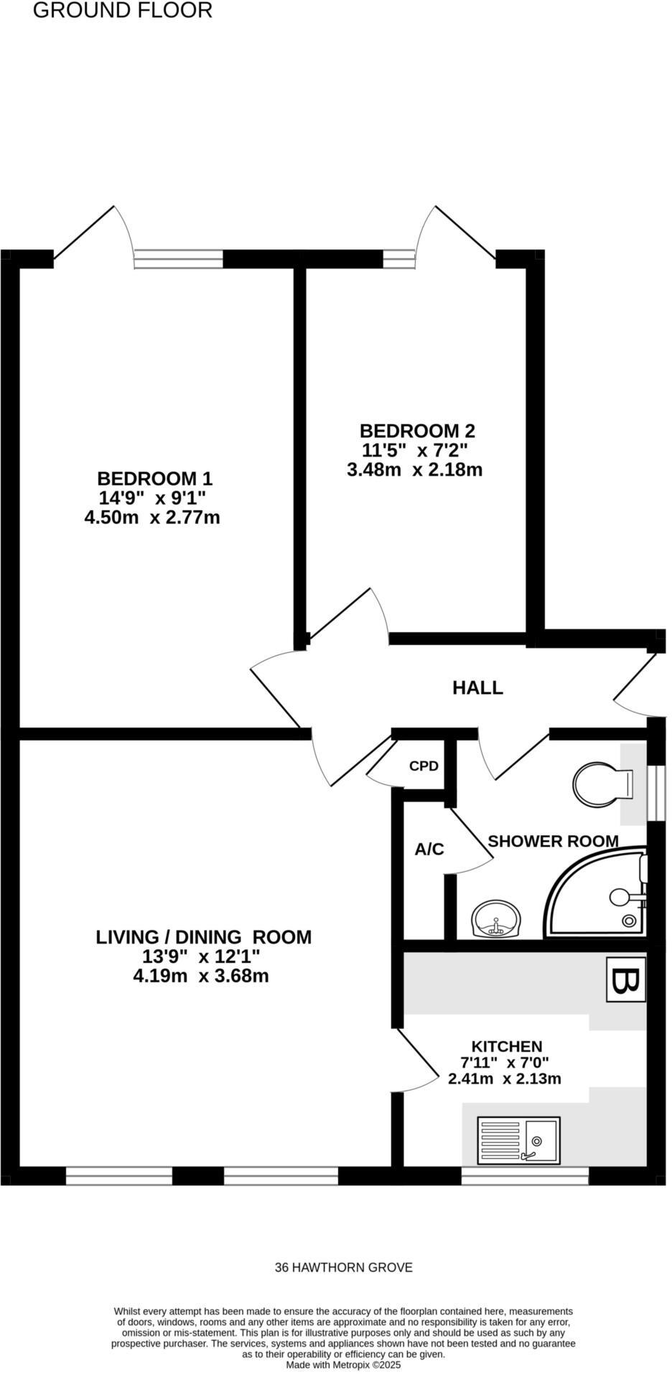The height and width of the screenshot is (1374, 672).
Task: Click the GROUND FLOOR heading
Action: [x=123, y=11]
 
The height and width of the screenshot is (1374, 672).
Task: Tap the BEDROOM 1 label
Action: [x=154, y=479]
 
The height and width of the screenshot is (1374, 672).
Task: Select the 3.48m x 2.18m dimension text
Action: [x=414, y=471]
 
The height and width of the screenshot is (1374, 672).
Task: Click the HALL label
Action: [x=477, y=688]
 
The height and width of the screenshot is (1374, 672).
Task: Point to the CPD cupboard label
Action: [x=424, y=766]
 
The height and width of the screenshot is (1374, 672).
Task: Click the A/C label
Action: [x=429, y=850]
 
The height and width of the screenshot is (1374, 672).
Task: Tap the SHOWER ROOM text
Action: [x=553, y=841]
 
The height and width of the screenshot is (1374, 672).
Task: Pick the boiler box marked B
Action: [x=625, y=979]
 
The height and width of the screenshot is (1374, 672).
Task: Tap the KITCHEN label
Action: [x=506, y=1047]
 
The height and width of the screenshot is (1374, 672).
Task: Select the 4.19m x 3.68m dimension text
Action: [x=201, y=977]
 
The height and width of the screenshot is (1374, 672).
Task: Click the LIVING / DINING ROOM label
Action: [x=204, y=938]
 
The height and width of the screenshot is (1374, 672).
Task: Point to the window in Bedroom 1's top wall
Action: [x=178, y=259]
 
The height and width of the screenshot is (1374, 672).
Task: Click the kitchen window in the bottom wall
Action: [x=524, y=1175]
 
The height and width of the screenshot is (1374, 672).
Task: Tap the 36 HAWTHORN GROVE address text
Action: [x=343, y=1268]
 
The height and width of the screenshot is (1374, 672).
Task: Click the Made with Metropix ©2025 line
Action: [x=343, y=1365]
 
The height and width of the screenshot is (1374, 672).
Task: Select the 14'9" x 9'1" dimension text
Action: [x=152, y=498]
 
